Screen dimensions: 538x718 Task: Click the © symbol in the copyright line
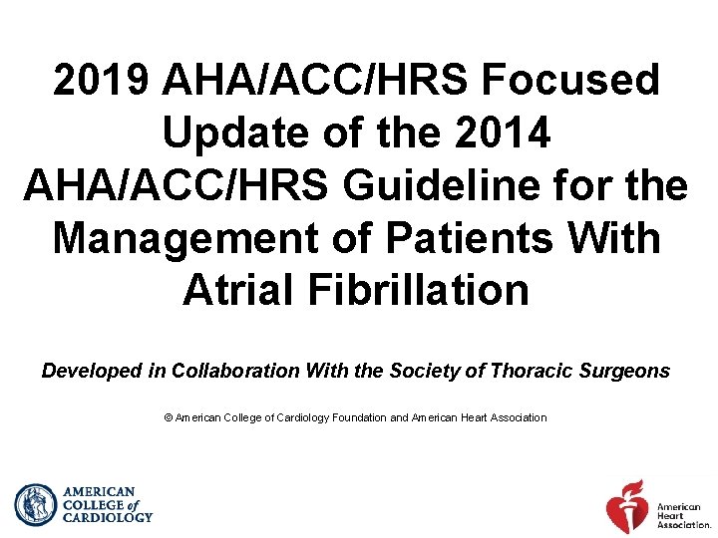168,417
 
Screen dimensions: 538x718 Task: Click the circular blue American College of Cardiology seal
37,505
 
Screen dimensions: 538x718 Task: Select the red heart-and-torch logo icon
627,506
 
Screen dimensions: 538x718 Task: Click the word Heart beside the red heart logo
670,518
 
